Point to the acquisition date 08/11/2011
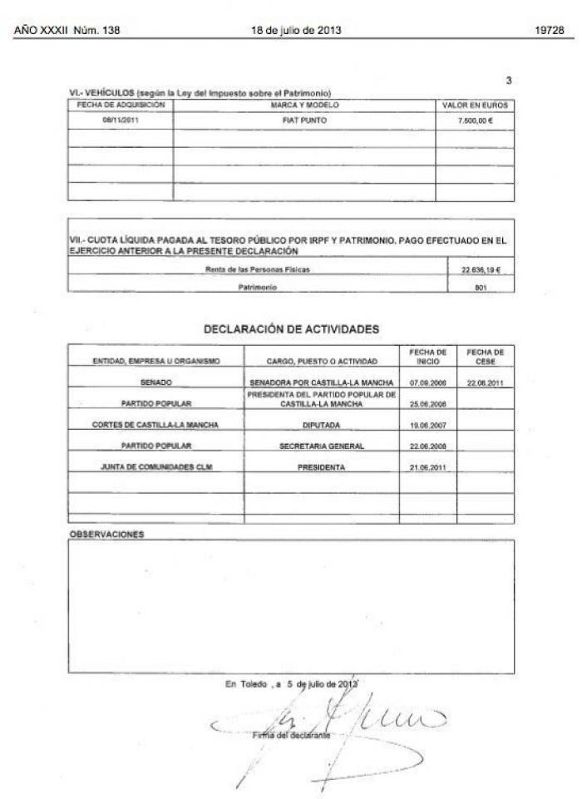[120, 120]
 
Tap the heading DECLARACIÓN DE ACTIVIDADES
[291, 329]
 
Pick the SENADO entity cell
[156, 382]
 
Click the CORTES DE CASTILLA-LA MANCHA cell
[156, 424]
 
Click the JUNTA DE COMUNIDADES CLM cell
[156, 467]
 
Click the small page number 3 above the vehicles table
[508, 80]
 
